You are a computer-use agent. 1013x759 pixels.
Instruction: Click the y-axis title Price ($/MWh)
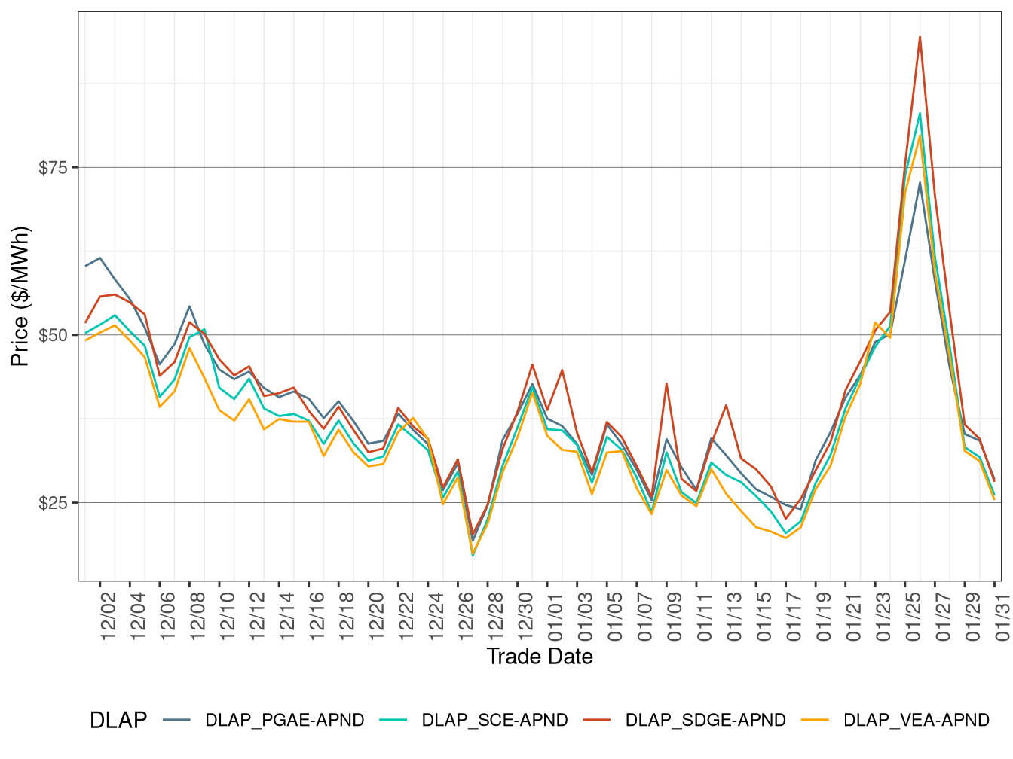point(20,297)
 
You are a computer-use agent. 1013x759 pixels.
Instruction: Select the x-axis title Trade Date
point(540,657)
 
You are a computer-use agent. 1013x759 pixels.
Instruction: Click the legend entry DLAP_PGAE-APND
point(284,721)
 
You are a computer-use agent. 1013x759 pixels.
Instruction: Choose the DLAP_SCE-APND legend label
point(494,721)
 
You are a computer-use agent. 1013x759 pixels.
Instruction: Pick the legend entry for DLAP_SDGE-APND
point(705,721)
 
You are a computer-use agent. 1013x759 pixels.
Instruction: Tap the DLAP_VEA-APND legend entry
point(916,721)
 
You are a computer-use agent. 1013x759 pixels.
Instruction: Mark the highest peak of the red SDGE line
point(920,37)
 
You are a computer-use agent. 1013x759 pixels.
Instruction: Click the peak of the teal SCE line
point(920,114)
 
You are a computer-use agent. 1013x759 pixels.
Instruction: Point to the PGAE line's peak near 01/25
point(920,182)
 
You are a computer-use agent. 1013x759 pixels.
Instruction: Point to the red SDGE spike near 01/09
point(666,383)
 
